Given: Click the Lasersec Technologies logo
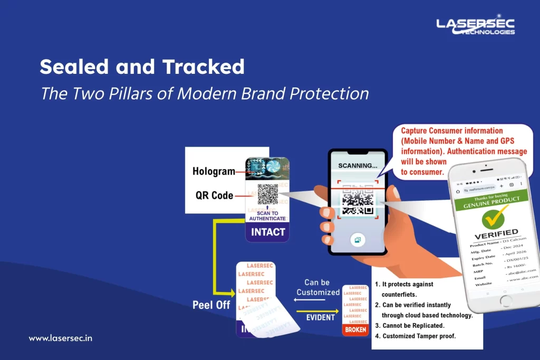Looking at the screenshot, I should pyautogui.click(x=475, y=26).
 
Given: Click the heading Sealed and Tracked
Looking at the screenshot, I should pyautogui.click(x=142, y=67).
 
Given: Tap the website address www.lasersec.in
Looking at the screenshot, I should pyautogui.click(x=60, y=338).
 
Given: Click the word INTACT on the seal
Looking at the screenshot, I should pyautogui.click(x=268, y=231).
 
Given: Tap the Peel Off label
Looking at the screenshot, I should pyautogui.click(x=211, y=305).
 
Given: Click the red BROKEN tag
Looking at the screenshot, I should pyautogui.click(x=355, y=329).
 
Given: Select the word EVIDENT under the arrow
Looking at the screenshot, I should pyautogui.click(x=321, y=317).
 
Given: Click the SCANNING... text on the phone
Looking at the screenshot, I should pyautogui.click(x=358, y=166).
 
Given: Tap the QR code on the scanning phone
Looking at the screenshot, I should pyautogui.click(x=358, y=201).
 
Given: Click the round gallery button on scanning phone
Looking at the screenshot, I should pyautogui.click(x=358, y=240).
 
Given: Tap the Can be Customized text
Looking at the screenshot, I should pyautogui.click(x=318, y=287).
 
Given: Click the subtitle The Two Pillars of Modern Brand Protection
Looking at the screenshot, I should pyautogui.click(x=205, y=93).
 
